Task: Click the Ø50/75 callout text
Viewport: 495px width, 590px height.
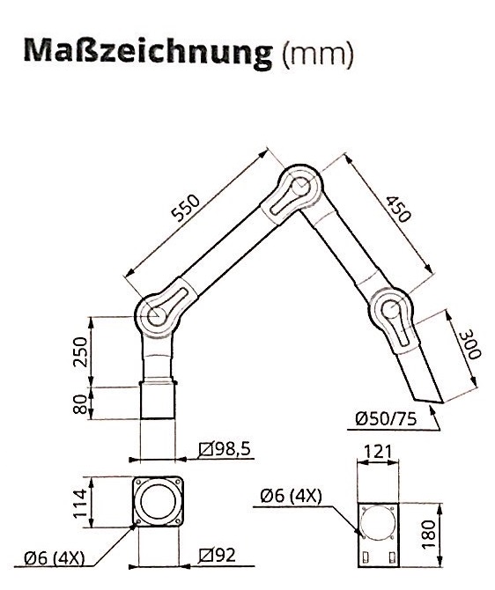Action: coord(389,419)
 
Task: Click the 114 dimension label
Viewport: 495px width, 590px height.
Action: coord(78,503)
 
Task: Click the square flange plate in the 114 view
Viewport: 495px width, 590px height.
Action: coord(159,503)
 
